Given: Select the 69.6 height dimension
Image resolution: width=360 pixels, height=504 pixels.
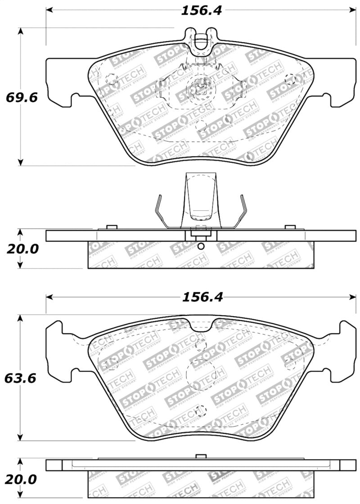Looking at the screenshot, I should coord(17,97).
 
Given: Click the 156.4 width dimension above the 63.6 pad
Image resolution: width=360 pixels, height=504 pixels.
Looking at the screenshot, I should coord(201,297).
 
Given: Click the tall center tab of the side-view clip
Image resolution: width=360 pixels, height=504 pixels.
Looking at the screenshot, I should coord(201,198).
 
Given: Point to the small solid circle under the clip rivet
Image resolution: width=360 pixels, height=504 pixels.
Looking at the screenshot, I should coord(201,246).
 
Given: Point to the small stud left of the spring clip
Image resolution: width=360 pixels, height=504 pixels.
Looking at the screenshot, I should coord(112,227).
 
